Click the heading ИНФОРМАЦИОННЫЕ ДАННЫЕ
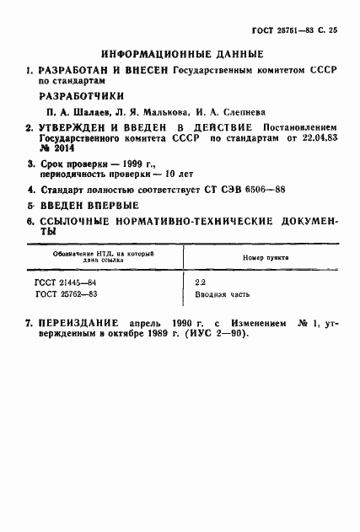coord(180,51)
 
